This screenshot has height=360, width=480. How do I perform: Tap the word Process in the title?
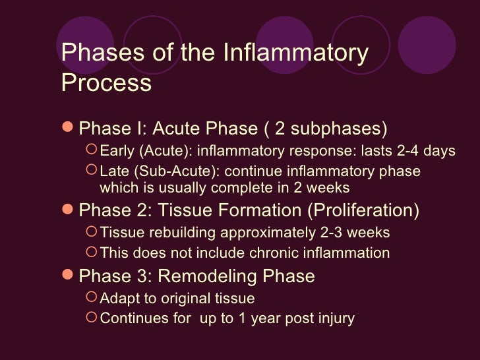coord(106,83)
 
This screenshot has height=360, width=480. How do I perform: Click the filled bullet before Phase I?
coord(68,127)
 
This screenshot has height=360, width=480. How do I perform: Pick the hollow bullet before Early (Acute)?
coord(92,151)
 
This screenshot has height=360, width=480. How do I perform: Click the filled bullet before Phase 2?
coord(68,211)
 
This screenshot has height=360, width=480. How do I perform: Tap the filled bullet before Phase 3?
coord(68,276)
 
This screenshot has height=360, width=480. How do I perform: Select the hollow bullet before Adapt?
coord(92,298)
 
